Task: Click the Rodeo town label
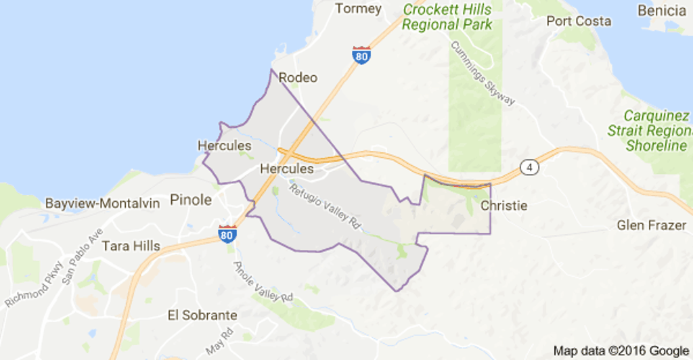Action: point(298,77)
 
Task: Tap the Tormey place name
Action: point(359,9)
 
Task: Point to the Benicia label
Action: point(662,10)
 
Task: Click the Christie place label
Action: point(503,205)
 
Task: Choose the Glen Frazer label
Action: point(651,225)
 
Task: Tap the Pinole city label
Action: point(191,200)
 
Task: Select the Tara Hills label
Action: point(131,246)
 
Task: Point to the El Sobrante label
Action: point(202,315)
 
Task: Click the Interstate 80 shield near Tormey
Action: point(361,55)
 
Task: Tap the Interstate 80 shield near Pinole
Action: point(227,233)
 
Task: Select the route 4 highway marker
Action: point(529,166)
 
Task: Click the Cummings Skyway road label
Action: point(483,72)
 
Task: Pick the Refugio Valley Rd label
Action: point(323,204)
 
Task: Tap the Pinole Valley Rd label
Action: point(263,281)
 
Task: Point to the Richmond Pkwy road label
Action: point(34,284)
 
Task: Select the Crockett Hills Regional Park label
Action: point(447,17)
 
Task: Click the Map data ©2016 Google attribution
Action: point(621,351)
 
